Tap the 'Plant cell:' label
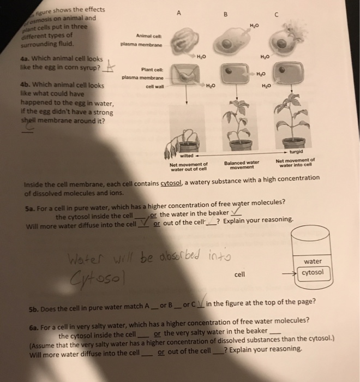151,69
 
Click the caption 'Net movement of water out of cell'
189,166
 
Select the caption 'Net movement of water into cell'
295,162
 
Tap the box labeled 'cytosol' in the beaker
312,272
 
